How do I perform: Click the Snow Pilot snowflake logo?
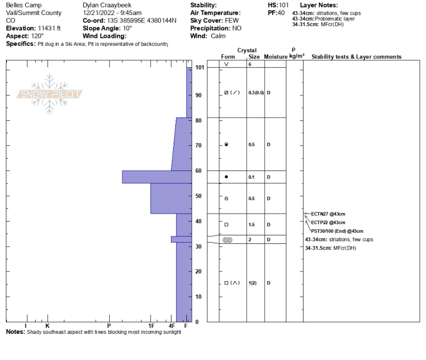coord(49,94)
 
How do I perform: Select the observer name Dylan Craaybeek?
coord(107,5)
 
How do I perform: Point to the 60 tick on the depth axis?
coord(198,170)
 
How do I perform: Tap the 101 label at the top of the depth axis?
coord(200,67)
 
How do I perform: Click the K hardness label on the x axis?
coord(47,326)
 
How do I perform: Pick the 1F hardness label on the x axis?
coord(151,326)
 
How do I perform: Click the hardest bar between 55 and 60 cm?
coord(157,177)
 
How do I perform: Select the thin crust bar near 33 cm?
coord(182,239)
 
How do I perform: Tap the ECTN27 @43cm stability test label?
coord(328,214)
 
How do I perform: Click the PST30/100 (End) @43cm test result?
coord(337,231)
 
